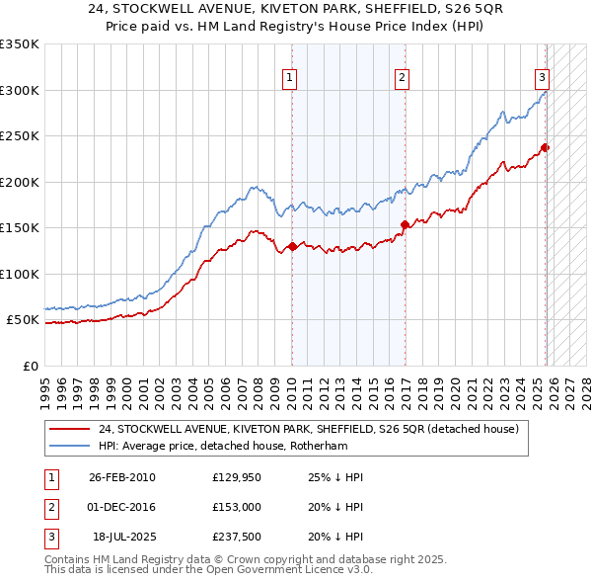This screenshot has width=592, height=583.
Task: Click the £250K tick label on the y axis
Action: click(20, 136)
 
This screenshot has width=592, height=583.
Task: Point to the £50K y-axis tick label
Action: click(23, 320)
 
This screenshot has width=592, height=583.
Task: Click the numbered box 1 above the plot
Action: click(290, 78)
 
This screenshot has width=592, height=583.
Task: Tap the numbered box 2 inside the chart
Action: click(403, 78)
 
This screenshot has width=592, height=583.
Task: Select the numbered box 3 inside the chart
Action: click(542, 78)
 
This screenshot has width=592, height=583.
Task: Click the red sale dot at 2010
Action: click(292, 247)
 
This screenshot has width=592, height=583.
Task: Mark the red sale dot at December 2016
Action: click(405, 225)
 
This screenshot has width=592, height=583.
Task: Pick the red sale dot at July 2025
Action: click(546, 148)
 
